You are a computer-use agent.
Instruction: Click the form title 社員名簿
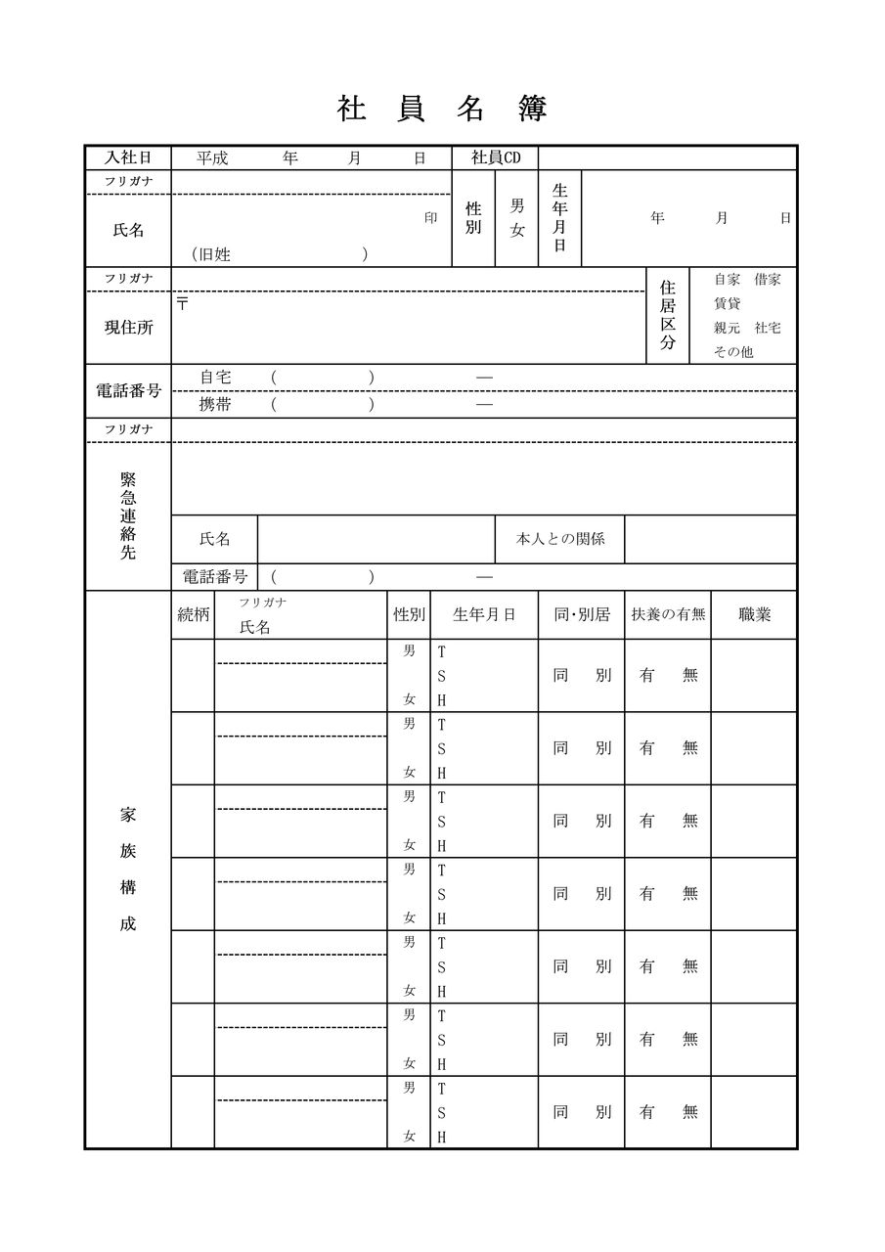point(442,109)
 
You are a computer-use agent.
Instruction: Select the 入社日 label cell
point(128,157)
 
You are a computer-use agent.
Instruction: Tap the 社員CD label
point(496,157)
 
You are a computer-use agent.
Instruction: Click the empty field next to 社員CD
point(667,157)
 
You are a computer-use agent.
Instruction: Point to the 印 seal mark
point(430,218)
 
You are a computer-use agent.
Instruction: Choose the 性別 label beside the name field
point(473,218)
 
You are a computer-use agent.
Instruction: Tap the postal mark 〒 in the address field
point(183,304)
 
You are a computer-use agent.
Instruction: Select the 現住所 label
point(128,328)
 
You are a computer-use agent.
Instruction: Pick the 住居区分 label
point(668,315)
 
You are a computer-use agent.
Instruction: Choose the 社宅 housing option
point(768,328)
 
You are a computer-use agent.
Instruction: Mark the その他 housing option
point(733,351)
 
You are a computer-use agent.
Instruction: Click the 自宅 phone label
point(215,378)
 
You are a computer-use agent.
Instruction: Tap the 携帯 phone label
point(215,404)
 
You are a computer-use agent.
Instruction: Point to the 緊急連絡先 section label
point(128,515)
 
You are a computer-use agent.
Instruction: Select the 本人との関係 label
point(560,539)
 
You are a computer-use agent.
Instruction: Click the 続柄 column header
point(193,615)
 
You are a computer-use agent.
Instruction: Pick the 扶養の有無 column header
point(668,615)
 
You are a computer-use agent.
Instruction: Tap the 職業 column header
point(754,615)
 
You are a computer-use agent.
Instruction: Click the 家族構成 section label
point(128,869)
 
